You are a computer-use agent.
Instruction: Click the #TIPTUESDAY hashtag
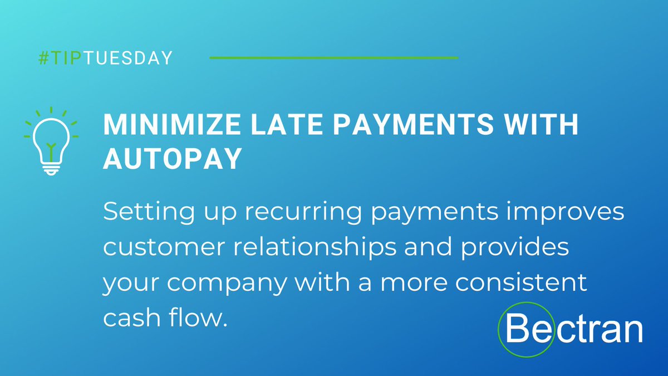click(x=105, y=58)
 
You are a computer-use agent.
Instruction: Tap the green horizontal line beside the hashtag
click(x=333, y=57)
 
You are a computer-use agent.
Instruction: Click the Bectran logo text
click(x=573, y=330)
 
